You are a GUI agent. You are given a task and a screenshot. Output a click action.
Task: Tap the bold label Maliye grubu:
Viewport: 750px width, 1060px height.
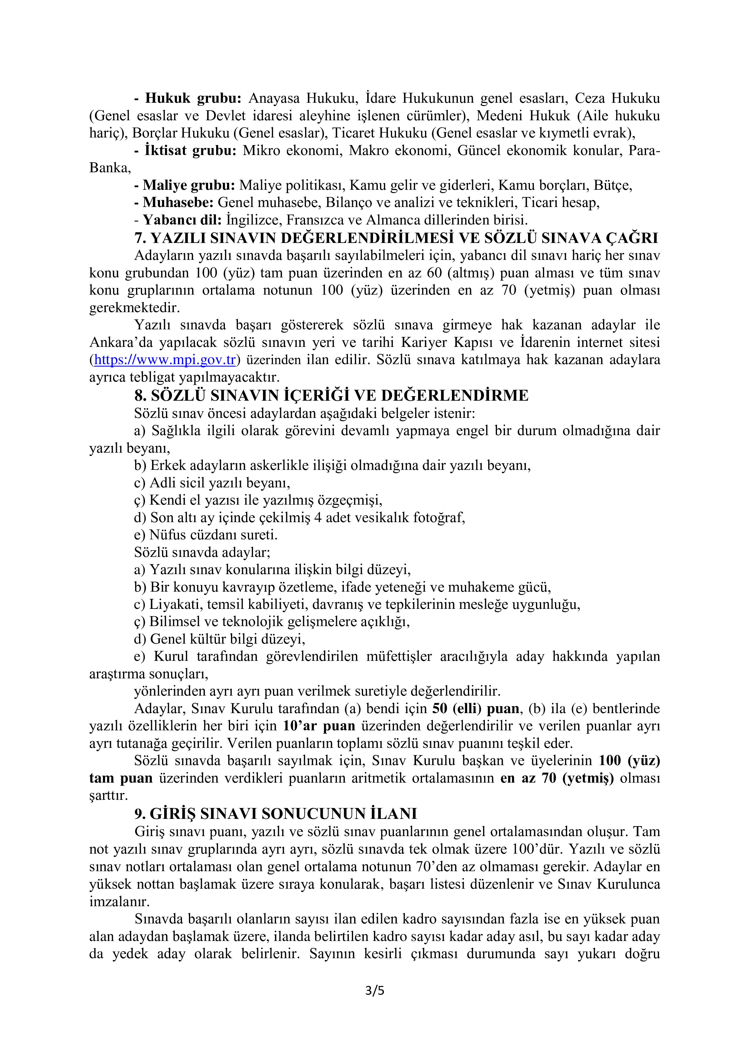(189, 186)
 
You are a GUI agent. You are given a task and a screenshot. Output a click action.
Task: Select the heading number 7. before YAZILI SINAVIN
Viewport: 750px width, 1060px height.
(140, 238)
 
